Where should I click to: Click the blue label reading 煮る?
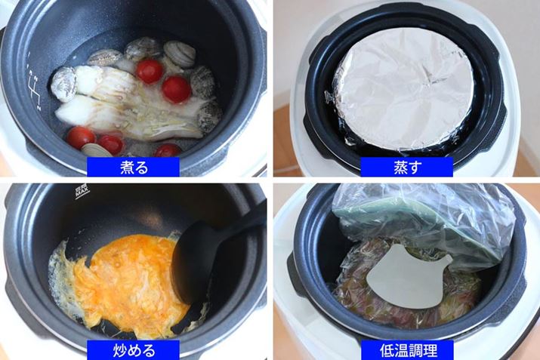point(133,167)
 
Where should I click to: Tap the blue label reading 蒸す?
point(407,167)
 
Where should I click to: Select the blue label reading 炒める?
point(133,350)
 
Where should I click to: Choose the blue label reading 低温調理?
point(407,350)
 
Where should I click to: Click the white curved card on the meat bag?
point(408,277)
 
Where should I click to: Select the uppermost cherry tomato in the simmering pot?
point(149,71)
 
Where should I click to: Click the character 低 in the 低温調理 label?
point(387,350)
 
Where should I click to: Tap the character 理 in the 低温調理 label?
point(430,350)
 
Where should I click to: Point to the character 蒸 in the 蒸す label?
point(400,168)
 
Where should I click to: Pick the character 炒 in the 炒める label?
point(120,350)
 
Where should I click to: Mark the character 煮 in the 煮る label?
point(127,168)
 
